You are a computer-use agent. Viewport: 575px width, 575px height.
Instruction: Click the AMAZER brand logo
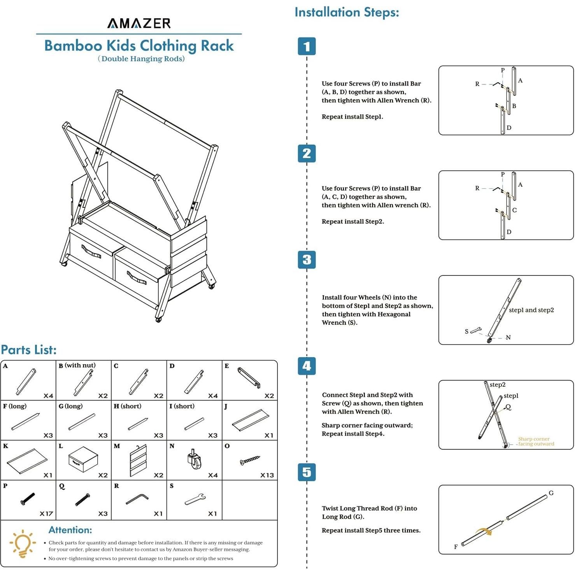tap(139, 23)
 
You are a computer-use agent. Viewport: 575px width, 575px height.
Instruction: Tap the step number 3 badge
tap(307, 259)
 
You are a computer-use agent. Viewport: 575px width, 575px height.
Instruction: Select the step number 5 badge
tap(307, 472)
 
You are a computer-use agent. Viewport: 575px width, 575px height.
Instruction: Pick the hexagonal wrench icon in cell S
tap(195, 499)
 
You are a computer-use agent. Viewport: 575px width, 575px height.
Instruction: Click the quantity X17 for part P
tap(46, 514)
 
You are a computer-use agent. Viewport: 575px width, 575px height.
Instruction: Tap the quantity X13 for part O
tap(267, 475)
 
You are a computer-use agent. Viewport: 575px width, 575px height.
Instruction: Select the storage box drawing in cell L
tap(83, 459)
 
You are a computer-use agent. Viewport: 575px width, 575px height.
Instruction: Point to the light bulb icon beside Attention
tap(23, 543)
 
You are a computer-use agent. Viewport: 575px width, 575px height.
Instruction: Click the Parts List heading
tap(29, 350)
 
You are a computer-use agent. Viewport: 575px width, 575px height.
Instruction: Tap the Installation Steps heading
tap(347, 12)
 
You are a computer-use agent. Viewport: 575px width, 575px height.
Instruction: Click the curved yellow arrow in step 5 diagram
tap(484, 531)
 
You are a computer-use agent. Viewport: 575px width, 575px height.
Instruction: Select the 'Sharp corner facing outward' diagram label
tap(536, 441)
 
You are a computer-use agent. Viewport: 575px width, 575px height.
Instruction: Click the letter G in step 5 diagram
tap(551, 493)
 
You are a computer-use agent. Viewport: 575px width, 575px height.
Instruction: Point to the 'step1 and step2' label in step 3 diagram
tap(531, 310)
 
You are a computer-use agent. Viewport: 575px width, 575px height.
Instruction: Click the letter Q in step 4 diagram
tap(508, 407)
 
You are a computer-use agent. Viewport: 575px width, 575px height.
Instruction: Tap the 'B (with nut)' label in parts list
tap(77, 365)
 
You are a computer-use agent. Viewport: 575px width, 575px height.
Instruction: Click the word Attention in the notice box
tap(70, 530)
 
